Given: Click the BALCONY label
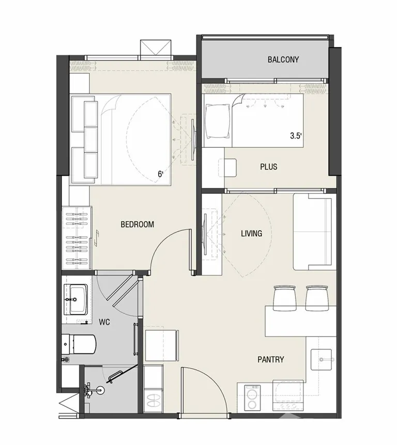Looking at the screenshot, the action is pos(283,59).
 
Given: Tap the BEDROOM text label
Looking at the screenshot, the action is pos(138,224).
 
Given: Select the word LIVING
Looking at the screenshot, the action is pos(251,234).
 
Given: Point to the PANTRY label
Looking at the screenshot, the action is pos(271,360).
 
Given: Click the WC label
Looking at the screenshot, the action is pos(104,322).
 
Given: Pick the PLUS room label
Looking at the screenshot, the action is pos(269,166).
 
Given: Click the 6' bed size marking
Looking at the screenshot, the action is pos(161,174).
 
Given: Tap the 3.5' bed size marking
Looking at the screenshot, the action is pos(296,136).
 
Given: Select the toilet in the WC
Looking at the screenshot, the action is pos(79,344).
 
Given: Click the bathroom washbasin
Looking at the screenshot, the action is pos(76,299).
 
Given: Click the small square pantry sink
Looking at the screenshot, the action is pos(321,360).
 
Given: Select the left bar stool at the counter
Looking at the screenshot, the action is pos(285,298).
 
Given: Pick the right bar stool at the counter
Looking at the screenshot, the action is pos(317,298).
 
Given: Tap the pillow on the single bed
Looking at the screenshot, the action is pos(218,121).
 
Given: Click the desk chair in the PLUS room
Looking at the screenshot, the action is pos(227,168).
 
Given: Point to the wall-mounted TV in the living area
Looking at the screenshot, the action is pos(205,234).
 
